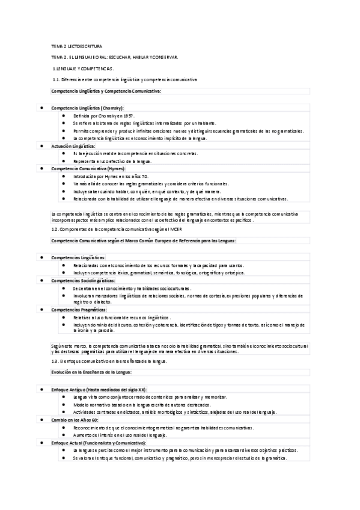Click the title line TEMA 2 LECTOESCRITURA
(x=77, y=46)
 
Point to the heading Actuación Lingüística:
(x=73, y=146)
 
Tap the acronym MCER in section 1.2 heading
(x=174, y=229)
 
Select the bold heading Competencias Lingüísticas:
(x=79, y=257)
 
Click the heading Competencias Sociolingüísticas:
(x=84, y=280)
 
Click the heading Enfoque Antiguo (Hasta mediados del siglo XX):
(x=99, y=389)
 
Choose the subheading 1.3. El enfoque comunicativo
(x=108, y=361)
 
